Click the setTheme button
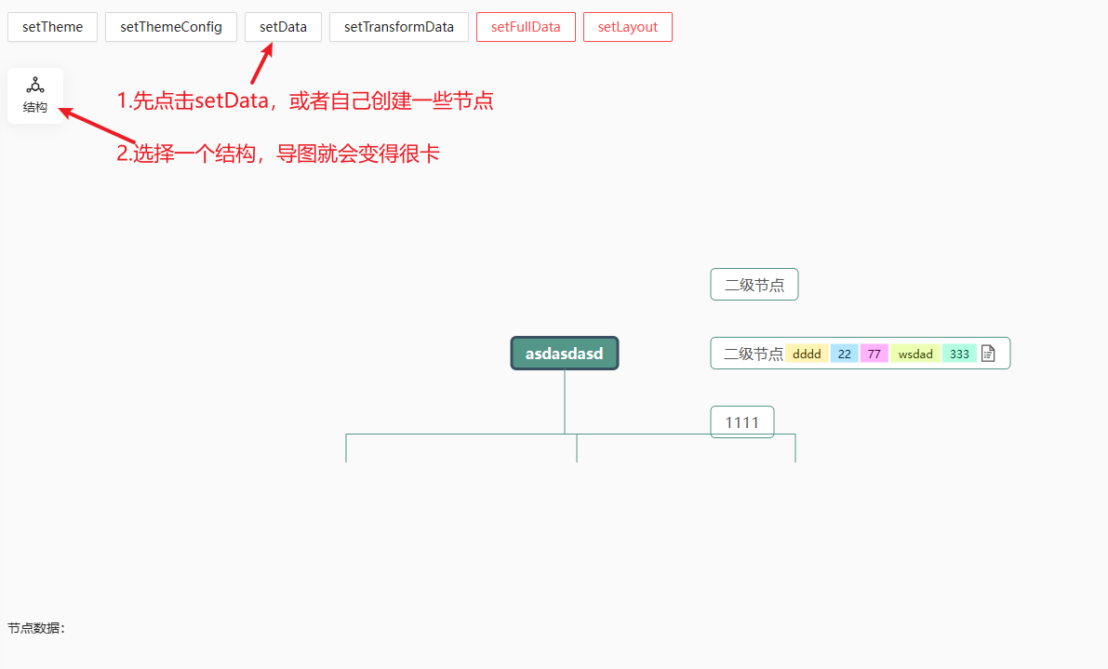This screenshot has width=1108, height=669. click(x=53, y=27)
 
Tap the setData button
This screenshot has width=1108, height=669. click(x=283, y=27)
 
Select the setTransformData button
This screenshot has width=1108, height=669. click(x=399, y=27)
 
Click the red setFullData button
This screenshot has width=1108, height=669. click(x=526, y=27)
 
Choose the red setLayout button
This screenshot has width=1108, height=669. click(x=628, y=27)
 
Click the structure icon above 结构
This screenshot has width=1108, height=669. click(x=35, y=86)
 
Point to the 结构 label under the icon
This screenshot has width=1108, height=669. click(x=35, y=108)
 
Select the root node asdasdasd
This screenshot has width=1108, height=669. click(x=565, y=354)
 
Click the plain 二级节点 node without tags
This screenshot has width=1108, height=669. click(x=754, y=285)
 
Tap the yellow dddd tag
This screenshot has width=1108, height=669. click(x=807, y=354)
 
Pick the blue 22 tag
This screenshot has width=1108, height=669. click(x=844, y=354)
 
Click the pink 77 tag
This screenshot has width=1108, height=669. click(x=874, y=354)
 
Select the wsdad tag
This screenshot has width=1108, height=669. click(x=915, y=354)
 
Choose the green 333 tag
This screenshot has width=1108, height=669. click(x=959, y=354)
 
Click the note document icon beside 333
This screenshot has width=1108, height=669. click(x=988, y=354)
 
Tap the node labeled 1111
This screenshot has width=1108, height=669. click(x=742, y=422)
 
